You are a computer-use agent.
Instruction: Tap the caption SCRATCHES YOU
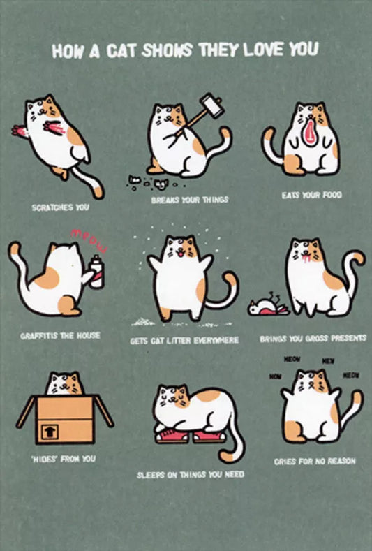[60, 207]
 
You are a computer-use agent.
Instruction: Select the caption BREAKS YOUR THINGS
[189, 200]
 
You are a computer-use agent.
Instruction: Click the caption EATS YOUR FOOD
[311, 195]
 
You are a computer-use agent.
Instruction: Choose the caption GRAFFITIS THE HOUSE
[60, 336]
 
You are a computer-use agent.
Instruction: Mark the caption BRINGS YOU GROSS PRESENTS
[313, 338]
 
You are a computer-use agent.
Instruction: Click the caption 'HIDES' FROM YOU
[63, 459]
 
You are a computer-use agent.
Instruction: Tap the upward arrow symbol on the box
[49, 432]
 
